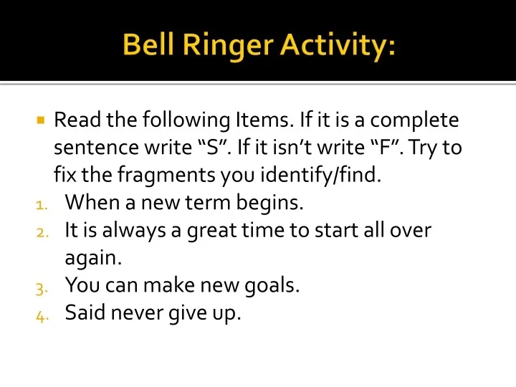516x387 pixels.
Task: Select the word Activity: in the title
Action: [x=337, y=46]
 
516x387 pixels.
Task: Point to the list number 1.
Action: [x=40, y=205]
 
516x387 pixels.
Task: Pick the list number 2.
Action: [x=40, y=232]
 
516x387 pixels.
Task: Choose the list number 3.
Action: [x=40, y=287]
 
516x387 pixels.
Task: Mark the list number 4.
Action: [x=40, y=315]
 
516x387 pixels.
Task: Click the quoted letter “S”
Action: [x=205, y=148]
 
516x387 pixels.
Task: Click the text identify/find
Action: [x=325, y=176]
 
